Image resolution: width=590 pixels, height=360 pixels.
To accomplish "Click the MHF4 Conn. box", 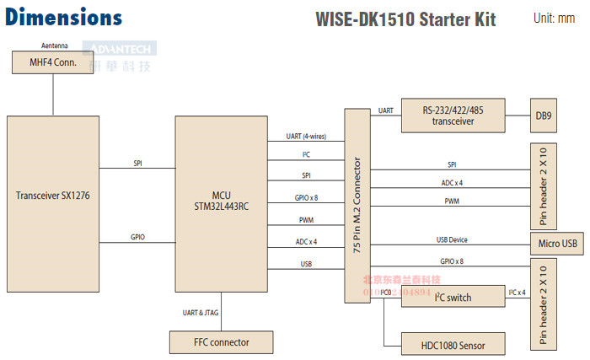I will tap(52, 62).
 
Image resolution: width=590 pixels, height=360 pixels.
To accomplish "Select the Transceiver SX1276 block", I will tap(52, 195).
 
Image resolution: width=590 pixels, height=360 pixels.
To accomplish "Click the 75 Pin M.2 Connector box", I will tap(357, 205).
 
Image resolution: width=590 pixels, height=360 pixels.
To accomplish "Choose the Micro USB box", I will tap(555, 244).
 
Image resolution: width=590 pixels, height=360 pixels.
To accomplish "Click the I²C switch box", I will tap(453, 297).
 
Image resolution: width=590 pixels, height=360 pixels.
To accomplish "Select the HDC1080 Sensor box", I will tap(453, 344).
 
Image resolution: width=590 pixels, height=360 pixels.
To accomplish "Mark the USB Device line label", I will tap(453, 239).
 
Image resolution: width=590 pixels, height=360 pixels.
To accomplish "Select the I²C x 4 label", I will tap(518, 292).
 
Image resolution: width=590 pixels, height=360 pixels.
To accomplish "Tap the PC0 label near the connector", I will tap(385, 292).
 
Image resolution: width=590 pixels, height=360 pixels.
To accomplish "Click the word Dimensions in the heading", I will tap(64, 17).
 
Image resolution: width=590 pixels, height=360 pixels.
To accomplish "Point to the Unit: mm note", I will tap(555, 18).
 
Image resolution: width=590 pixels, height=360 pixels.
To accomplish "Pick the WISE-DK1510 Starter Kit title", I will tap(405, 19).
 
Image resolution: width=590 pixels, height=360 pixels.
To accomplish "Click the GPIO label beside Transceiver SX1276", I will tap(137, 237).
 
